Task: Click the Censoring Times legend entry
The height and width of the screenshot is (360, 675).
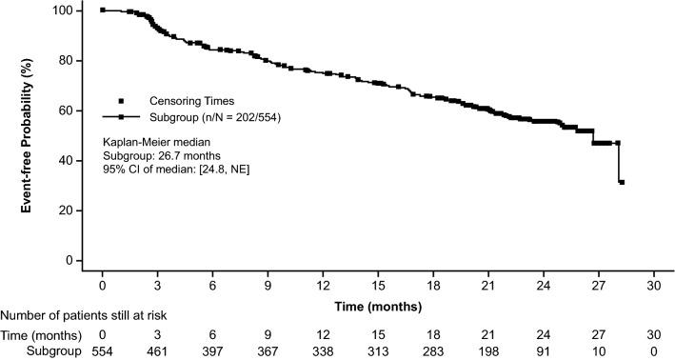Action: click(x=184, y=101)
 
